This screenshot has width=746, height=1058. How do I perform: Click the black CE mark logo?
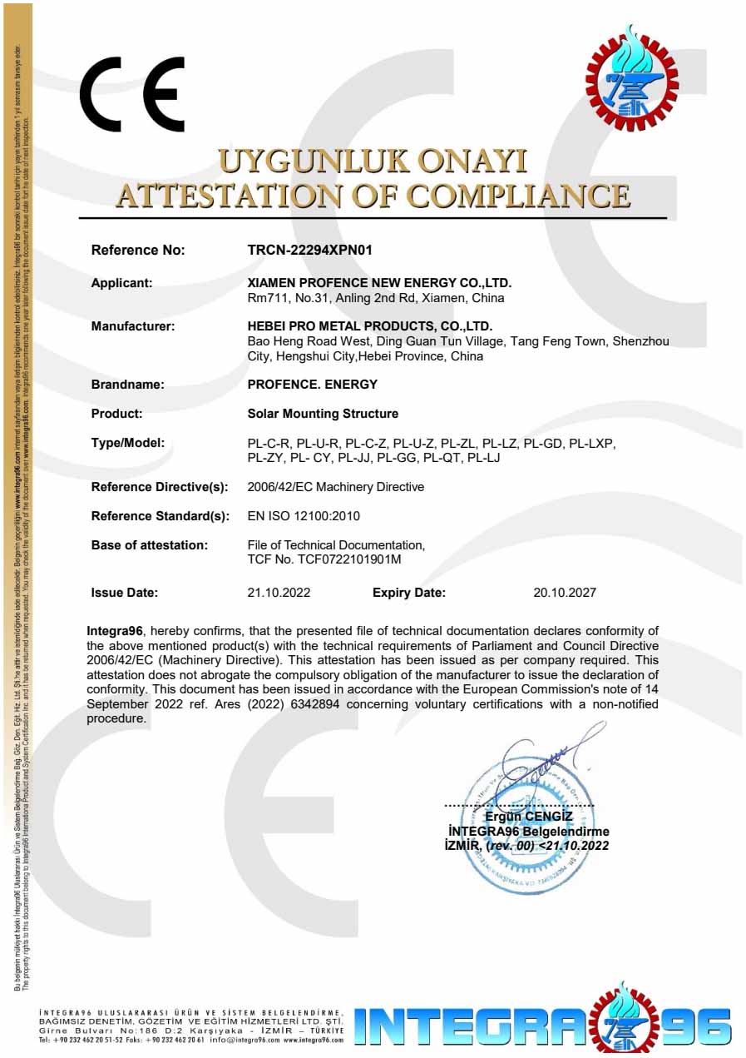[131, 94]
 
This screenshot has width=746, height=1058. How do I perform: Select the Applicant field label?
[121, 283]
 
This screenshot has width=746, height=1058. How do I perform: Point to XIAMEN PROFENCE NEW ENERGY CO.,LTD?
[379, 283]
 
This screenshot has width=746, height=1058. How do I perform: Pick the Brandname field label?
[127, 385]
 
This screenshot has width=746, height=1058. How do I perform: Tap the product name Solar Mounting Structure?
[323, 414]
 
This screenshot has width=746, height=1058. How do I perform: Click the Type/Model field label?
[127, 443]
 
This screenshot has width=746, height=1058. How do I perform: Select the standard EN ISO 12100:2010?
[304, 516]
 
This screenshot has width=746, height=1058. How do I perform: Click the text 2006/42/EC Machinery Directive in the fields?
[336, 487]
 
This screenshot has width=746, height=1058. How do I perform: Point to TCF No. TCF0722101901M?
[324, 559]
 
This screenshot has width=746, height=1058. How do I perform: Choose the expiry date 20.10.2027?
[564, 593]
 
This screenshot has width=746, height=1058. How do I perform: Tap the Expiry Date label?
[409, 593]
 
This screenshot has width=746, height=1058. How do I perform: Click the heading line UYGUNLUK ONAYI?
[373, 161]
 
